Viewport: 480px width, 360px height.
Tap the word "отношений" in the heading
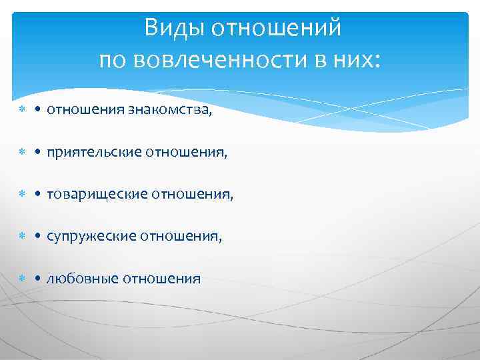tap(278, 29)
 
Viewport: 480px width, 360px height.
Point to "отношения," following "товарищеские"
tap(193, 195)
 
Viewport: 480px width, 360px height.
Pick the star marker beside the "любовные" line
tap(22, 279)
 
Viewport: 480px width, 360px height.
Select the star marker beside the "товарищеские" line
tap(22, 195)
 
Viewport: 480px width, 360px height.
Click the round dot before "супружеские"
tap(39, 237)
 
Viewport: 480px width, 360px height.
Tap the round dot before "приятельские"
tap(39, 153)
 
